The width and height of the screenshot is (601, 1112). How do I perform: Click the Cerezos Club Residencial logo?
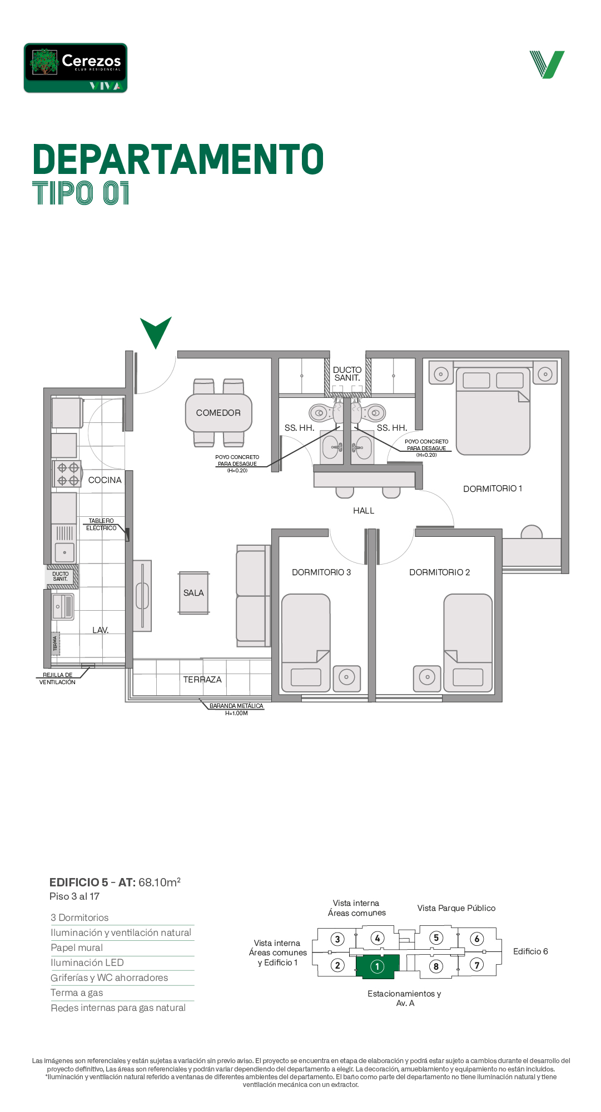point(76,68)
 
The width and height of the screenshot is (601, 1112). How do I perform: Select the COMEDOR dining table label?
point(218,413)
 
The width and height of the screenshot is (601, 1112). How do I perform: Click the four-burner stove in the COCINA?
point(67,473)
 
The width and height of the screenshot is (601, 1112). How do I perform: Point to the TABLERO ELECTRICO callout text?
point(101,525)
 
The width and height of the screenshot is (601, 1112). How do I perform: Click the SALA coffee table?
point(193,593)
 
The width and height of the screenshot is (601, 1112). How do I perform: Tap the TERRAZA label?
point(202,680)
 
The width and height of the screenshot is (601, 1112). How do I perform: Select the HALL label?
point(364,511)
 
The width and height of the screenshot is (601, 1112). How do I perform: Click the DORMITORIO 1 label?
point(493,488)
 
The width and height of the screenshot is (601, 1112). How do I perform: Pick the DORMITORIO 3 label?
point(321,572)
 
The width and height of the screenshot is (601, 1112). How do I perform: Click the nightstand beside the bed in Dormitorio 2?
point(427,679)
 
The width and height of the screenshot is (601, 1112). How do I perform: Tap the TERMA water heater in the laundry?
point(55,644)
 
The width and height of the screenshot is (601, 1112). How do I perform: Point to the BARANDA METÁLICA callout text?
point(236,710)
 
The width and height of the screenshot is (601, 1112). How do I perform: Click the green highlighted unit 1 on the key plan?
point(378,966)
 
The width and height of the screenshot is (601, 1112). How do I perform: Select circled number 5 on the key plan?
point(436,938)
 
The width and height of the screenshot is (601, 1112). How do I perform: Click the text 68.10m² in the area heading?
point(160,882)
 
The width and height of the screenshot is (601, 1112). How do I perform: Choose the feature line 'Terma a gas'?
point(77,993)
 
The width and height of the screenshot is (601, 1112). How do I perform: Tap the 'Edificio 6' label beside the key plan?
point(530,951)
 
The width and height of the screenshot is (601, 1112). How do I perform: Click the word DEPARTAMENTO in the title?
point(178,159)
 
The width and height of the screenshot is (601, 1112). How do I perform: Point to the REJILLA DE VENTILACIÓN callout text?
point(57,679)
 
